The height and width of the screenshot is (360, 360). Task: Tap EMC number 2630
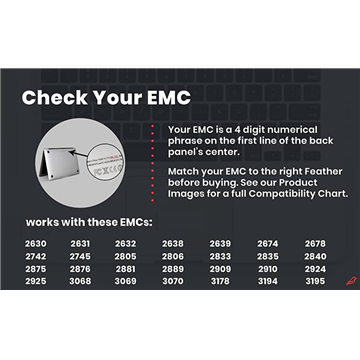[35, 243]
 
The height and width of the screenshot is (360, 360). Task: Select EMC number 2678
[315, 243]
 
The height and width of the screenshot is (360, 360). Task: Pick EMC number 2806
[172, 256]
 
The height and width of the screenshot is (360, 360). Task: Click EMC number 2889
[172, 269]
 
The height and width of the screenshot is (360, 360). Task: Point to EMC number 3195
[315, 282]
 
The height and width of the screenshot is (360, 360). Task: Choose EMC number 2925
[35, 282]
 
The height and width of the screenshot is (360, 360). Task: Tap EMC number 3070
[172, 282]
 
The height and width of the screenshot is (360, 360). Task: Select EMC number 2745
[80, 256]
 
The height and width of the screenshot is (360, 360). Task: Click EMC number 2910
[267, 269]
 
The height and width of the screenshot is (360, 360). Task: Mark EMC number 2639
[220, 243]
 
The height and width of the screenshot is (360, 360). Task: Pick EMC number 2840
[315, 256]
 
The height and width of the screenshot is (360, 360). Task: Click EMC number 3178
[220, 282]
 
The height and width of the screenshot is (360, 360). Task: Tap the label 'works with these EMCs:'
[89, 220]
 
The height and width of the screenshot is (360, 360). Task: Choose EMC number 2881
[126, 269]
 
